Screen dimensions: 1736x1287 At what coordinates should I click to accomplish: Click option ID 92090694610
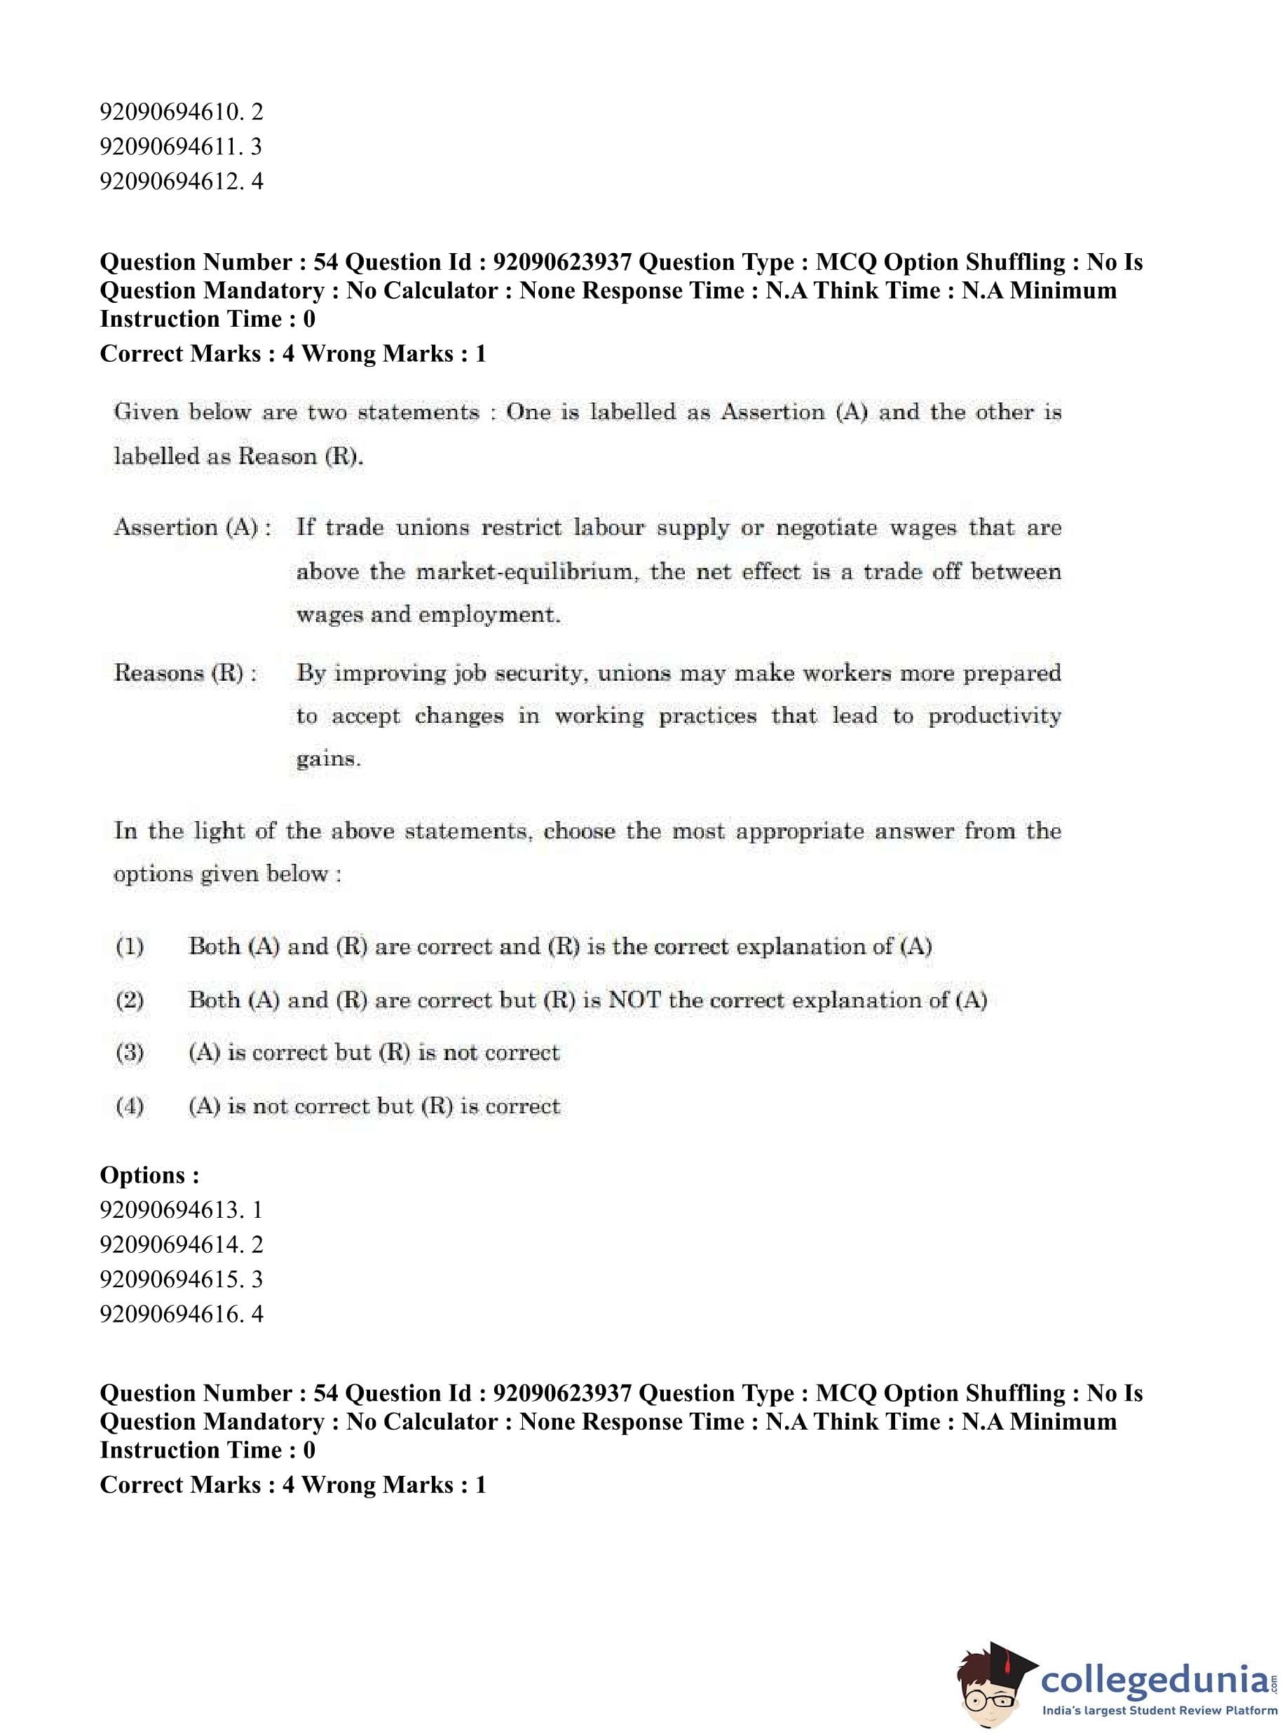coord(181,112)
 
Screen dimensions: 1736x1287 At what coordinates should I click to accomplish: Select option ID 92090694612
coord(181,182)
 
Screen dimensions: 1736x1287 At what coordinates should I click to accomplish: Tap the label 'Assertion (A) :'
coord(193,527)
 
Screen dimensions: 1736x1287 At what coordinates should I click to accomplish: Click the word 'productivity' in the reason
coord(994,716)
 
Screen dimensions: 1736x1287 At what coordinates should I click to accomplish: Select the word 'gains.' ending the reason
coord(328,759)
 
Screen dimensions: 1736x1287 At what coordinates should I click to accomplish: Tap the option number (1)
coord(129,947)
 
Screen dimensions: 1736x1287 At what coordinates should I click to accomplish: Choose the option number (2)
coord(129,1000)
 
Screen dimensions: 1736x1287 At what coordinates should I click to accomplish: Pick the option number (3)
coord(129,1052)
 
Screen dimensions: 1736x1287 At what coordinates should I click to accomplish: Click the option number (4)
coord(129,1106)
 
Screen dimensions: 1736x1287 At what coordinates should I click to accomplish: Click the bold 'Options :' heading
coord(149,1175)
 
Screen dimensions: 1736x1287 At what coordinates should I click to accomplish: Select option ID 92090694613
coord(181,1210)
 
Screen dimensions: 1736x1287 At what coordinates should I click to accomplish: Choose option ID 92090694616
coord(181,1315)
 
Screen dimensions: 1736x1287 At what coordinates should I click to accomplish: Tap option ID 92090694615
coord(181,1280)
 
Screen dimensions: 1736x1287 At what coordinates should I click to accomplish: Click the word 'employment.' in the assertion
coord(489,615)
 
